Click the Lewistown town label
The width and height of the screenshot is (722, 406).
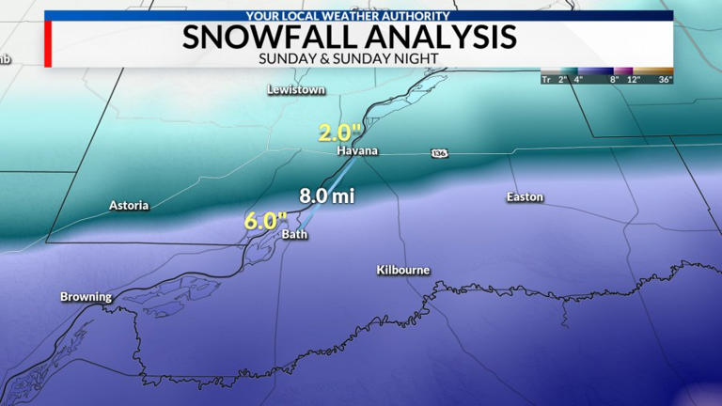pos(296,89)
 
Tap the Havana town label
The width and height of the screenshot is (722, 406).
pos(357,151)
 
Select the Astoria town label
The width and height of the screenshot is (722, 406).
pos(129,205)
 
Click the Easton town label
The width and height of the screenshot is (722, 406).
pos(525,197)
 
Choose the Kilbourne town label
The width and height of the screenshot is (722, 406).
pos(403,270)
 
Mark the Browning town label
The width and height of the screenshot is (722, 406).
pos(86,297)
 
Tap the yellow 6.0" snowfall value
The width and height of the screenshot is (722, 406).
pos(264,222)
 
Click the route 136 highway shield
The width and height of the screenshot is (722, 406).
pos(439,152)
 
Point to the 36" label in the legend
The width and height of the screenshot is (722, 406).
pos(665,80)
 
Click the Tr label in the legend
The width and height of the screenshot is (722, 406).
pos(546,80)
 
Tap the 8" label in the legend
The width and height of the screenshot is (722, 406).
pos(613,80)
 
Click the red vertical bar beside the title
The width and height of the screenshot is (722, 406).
pos(47,44)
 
